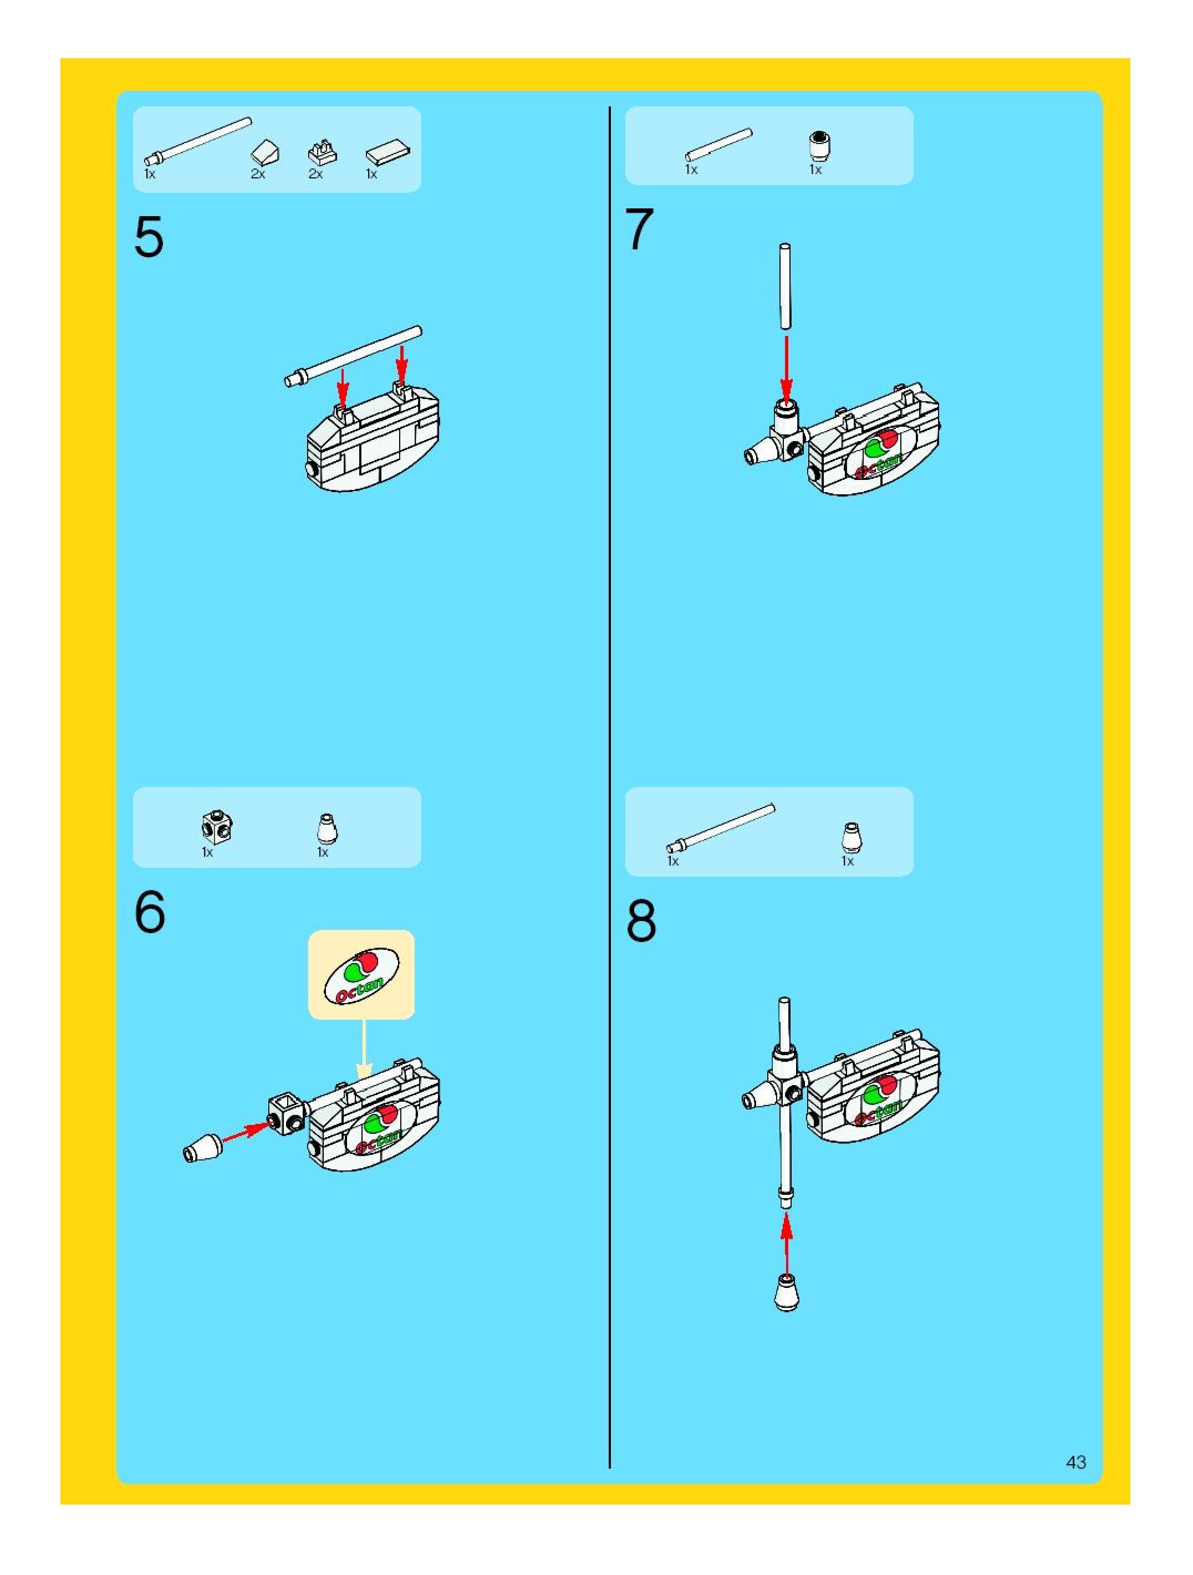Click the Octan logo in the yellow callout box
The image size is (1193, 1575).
(361, 975)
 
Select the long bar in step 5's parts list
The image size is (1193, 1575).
(198, 142)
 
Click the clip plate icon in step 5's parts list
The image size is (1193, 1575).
(322, 152)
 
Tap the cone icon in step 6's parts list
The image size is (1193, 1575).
(327, 829)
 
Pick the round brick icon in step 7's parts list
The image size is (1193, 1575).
(820, 146)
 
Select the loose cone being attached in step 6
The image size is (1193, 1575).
(203, 1148)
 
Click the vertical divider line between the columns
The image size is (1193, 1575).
(610, 783)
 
